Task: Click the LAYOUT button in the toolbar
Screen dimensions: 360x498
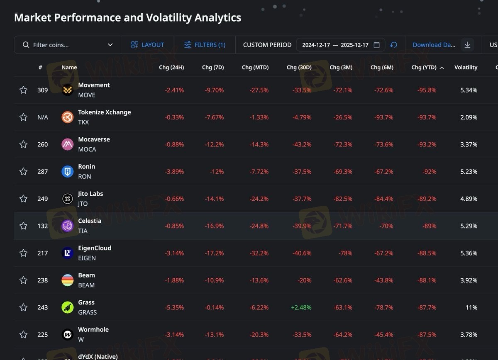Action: (x=147, y=45)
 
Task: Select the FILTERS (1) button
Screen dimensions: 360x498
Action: (x=205, y=45)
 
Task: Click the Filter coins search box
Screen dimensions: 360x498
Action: (x=66, y=45)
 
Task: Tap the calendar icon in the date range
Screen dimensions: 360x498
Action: (x=376, y=45)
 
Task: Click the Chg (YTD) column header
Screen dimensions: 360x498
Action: (x=424, y=67)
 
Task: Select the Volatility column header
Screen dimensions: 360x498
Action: (x=466, y=67)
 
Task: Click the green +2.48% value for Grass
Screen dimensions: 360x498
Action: (x=301, y=307)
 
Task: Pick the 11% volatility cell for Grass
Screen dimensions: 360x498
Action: (x=471, y=307)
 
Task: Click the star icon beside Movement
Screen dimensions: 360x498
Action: (x=24, y=90)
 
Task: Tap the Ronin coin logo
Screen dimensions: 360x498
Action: (x=68, y=171)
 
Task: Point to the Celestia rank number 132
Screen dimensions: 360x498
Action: (x=43, y=226)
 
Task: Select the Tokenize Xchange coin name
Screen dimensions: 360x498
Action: (x=104, y=112)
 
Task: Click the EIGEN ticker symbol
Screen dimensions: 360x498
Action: (x=87, y=258)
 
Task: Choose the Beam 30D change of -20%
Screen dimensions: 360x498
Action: (x=304, y=280)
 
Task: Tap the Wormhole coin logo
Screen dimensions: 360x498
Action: (x=68, y=334)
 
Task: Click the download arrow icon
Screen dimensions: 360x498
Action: (x=467, y=45)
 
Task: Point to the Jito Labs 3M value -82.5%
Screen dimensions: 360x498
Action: (x=343, y=199)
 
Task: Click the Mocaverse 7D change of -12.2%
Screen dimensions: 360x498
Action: (x=214, y=144)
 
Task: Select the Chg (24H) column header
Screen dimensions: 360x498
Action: (x=171, y=67)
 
